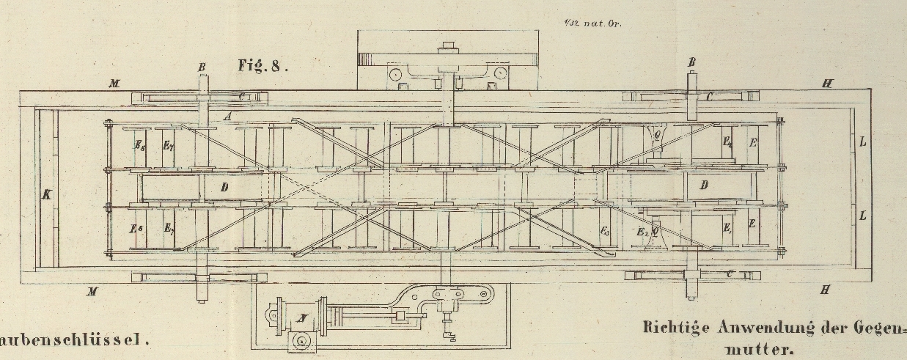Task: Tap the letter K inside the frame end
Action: (x=47, y=196)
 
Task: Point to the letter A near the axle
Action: (x=229, y=117)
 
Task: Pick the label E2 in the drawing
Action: (x=642, y=232)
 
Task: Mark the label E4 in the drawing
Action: (x=727, y=142)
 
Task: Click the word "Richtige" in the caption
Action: (x=673, y=328)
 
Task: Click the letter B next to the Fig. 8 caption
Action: (x=202, y=67)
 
